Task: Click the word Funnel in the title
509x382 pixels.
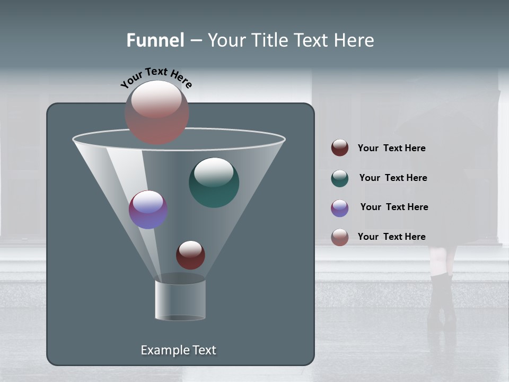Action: click(155, 40)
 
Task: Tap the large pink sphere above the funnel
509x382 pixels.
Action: click(157, 112)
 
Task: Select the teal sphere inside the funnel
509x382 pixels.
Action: click(214, 182)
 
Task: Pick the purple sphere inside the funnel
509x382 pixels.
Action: click(148, 210)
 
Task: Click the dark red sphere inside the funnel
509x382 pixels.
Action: click(190, 255)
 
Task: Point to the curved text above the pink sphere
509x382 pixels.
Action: click(156, 77)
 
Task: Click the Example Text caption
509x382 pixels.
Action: click(178, 350)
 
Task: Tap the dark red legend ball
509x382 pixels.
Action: click(340, 148)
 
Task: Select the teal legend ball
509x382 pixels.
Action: click(340, 178)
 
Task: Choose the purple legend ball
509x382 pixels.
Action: click(340, 208)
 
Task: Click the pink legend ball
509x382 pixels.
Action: click(340, 237)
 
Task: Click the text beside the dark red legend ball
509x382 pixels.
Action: click(391, 149)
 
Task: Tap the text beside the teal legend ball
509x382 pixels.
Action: click(393, 178)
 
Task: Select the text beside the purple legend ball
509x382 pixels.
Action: click(394, 207)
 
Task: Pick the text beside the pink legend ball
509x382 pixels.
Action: click(391, 237)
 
